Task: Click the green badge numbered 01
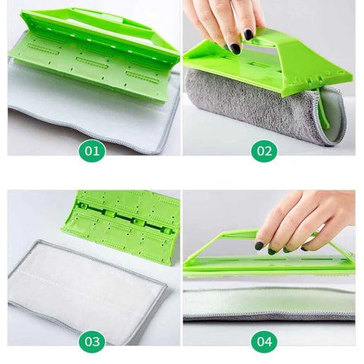[92, 151]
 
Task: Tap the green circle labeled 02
[265, 151]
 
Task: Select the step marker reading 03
[92, 341]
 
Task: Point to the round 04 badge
[265, 341]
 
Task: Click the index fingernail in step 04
[259, 246]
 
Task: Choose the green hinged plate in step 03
[121, 225]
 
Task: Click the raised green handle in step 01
[101, 24]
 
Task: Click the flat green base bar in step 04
[269, 265]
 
